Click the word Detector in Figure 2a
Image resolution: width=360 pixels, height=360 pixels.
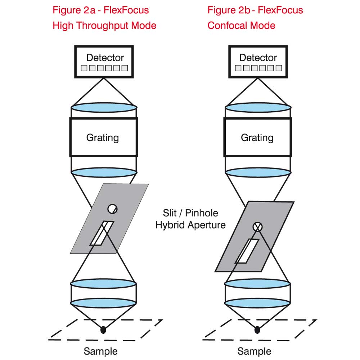click(x=105, y=58)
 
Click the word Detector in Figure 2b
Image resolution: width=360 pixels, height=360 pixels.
click(x=258, y=58)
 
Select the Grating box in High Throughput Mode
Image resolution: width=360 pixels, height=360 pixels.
click(x=103, y=137)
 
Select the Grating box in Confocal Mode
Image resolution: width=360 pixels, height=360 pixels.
click(x=257, y=137)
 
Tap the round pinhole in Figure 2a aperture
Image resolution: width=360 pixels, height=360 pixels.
click(x=112, y=208)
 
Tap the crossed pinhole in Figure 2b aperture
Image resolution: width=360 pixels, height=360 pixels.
click(x=258, y=227)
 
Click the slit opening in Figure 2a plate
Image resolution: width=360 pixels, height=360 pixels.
click(x=102, y=233)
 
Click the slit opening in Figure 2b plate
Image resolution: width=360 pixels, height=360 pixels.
click(x=247, y=251)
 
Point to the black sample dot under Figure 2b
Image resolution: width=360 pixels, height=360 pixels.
click(x=257, y=329)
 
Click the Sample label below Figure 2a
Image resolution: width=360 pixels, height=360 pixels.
click(x=101, y=351)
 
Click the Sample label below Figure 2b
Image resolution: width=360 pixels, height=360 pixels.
click(x=255, y=351)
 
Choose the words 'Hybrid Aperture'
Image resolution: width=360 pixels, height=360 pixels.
click(x=190, y=225)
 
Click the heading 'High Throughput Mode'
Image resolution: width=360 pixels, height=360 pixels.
click(x=104, y=26)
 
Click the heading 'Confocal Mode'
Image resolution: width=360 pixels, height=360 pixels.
click(x=241, y=26)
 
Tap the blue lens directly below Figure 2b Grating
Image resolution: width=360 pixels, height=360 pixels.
click(x=257, y=172)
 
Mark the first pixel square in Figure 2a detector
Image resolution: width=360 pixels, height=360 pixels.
click(x=84, y=68)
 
